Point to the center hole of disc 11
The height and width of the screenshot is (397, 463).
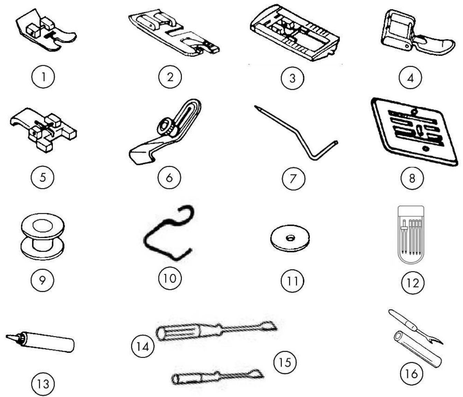tap(290, 239)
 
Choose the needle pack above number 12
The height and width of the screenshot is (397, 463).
tap(411, 235)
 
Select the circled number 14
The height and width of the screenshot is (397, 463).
tap(142, 346)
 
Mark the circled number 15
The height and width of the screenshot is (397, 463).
tap(285, 362)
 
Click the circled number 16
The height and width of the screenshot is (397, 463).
tap(412, 374)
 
